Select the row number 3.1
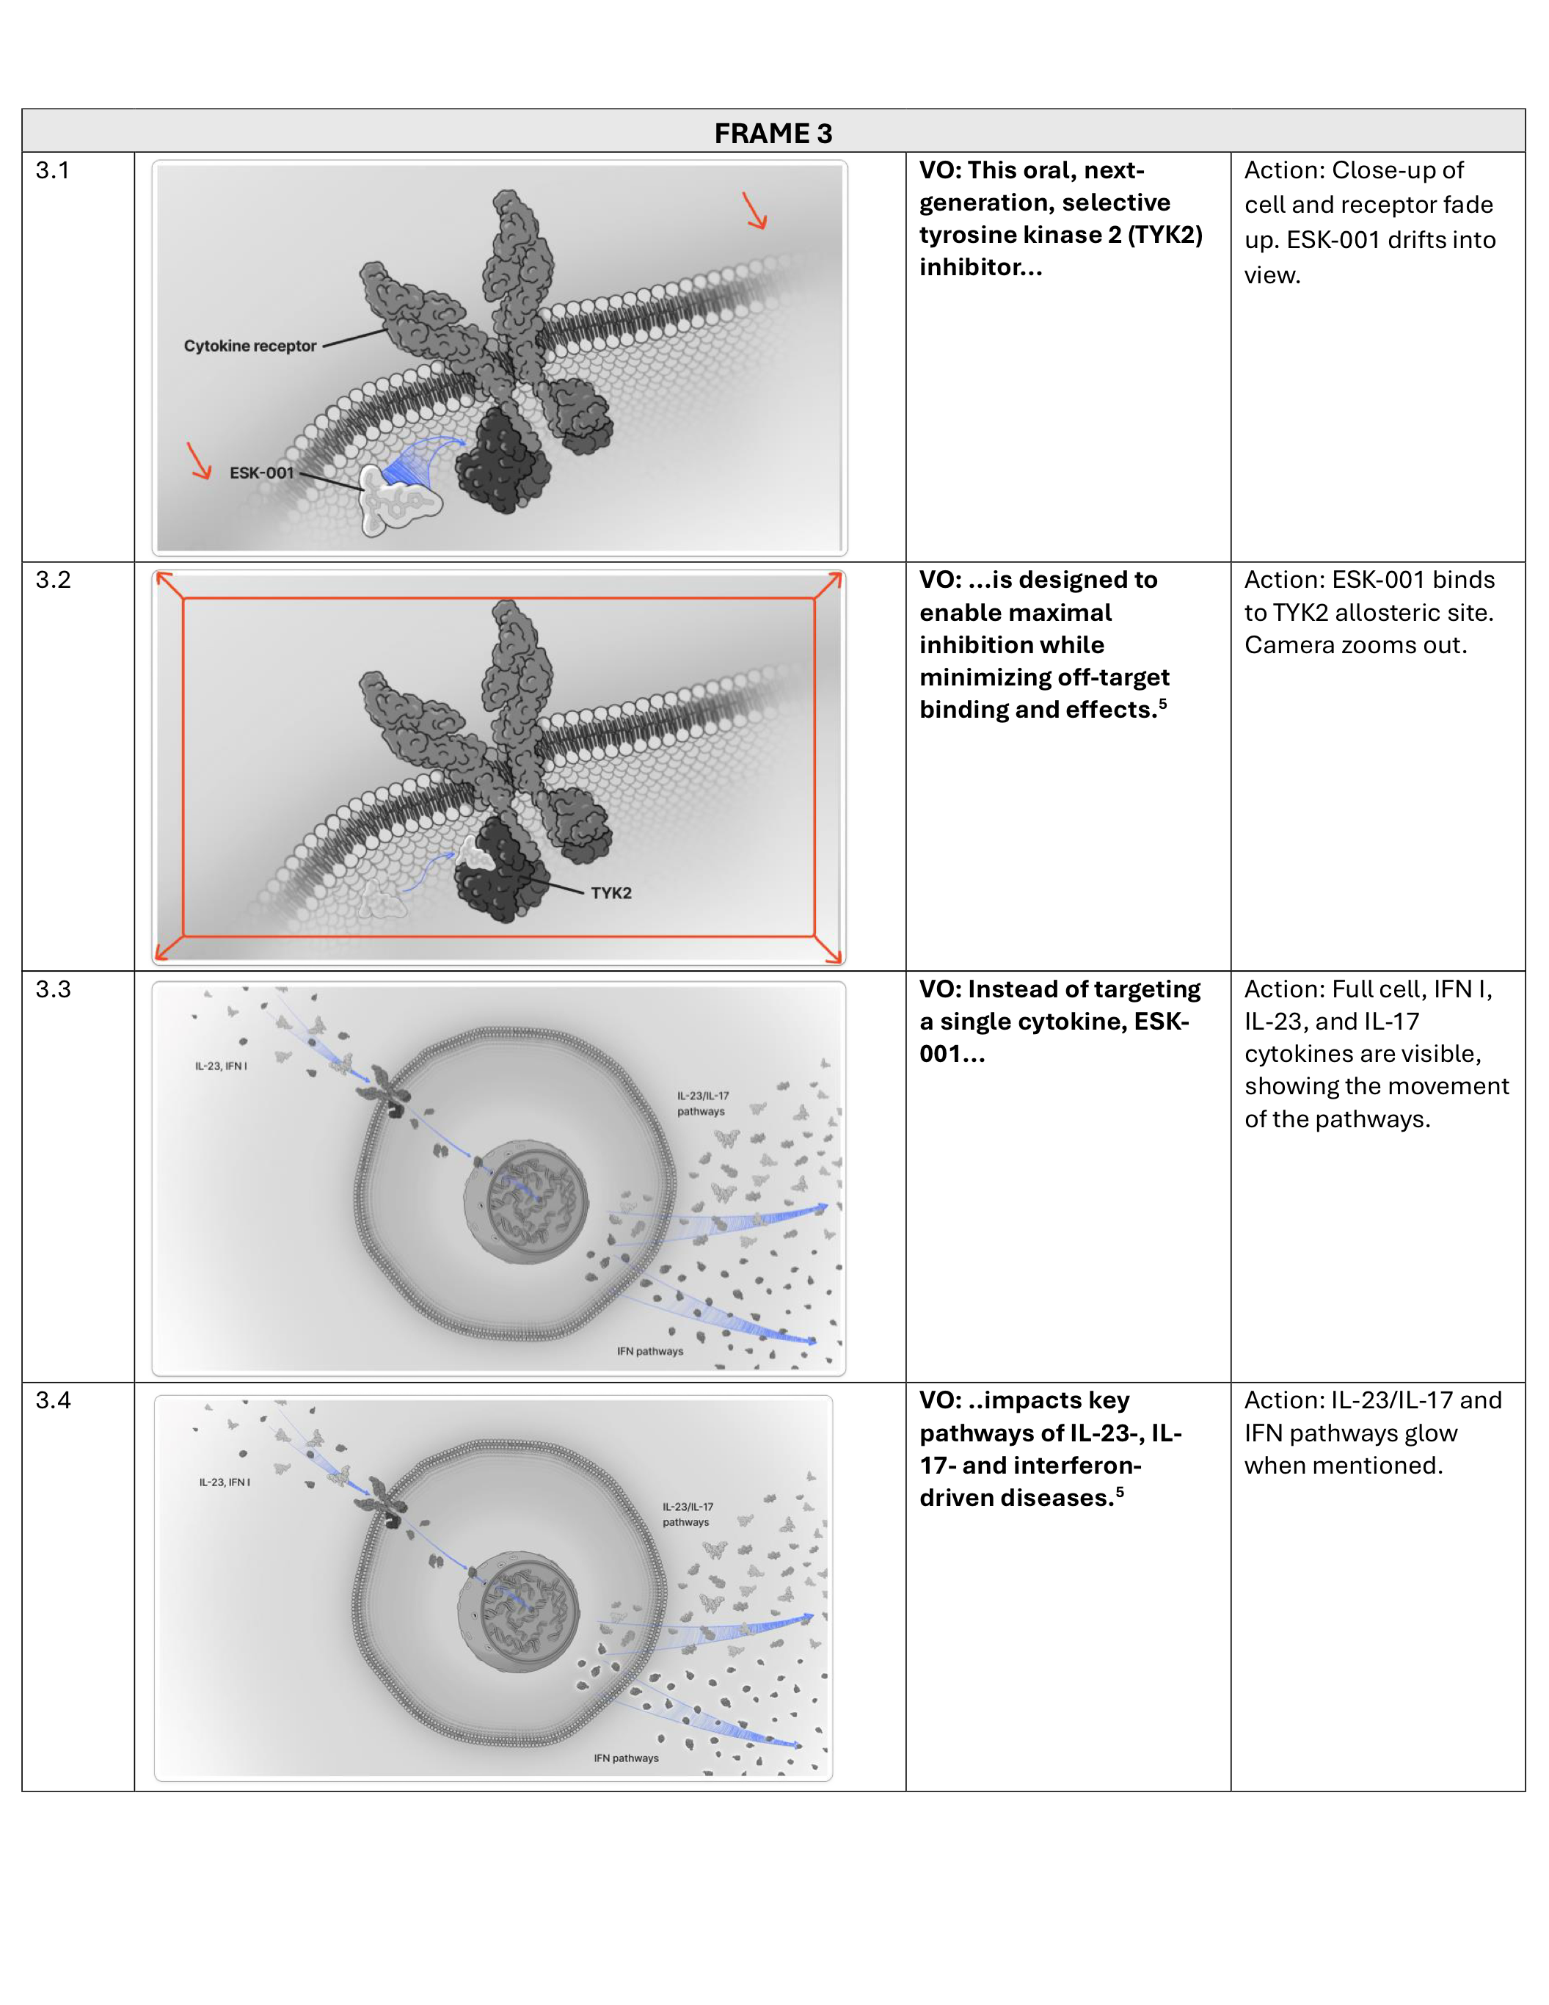52,171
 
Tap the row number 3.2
52,581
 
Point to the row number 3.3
52,989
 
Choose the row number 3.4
52,1400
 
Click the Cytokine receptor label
249,346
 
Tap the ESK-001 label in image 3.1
261,473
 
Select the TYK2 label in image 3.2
611,893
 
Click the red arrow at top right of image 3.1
754,210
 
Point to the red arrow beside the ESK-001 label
199,461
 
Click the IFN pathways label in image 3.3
649,1351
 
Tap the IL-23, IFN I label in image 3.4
225,1482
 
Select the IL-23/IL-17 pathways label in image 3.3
703,1104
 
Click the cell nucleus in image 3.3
526,1203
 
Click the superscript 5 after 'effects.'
1163,704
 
